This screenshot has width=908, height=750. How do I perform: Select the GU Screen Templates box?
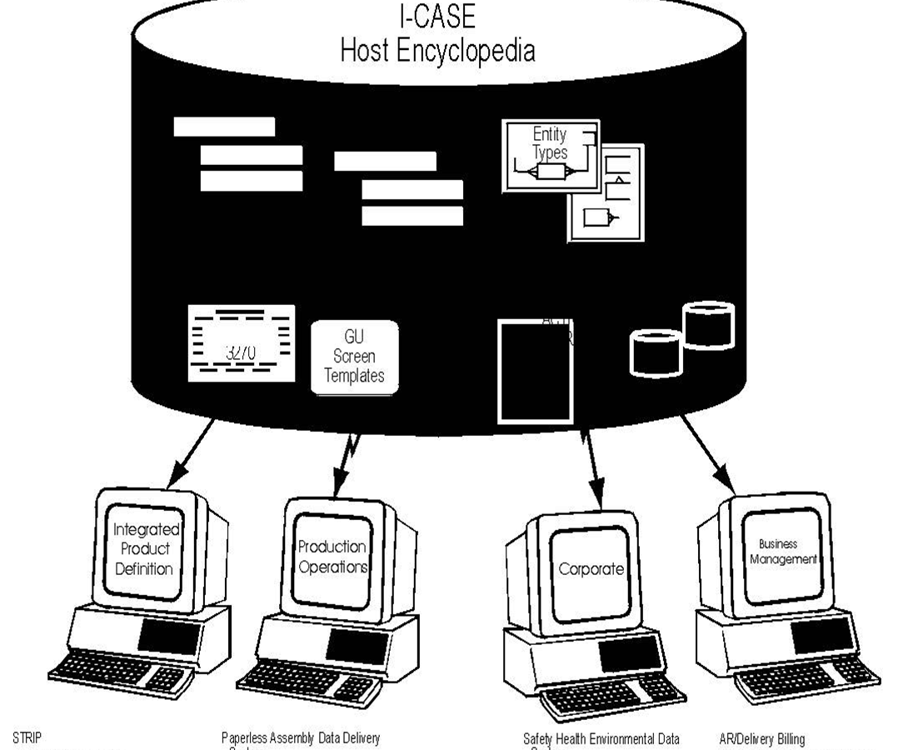click(355, 357)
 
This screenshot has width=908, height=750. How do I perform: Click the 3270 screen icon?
click(242, 343)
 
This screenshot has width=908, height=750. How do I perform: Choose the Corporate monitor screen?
click(591, 569)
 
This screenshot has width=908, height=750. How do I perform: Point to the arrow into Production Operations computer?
click(343, 463)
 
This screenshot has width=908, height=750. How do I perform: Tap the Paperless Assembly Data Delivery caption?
click(301, 738)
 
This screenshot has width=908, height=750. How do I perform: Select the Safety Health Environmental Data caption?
click(601, 738)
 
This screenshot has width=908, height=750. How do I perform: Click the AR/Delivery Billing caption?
click(762, 738)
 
